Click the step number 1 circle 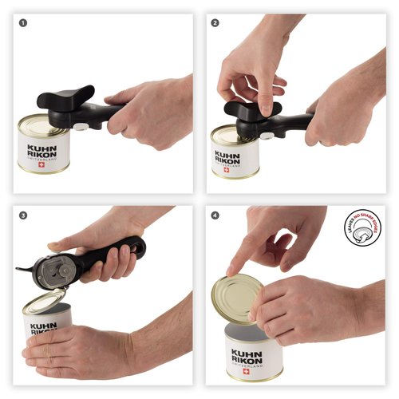[23, 22]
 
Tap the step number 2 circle [215, 22]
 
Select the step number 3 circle [23, 215]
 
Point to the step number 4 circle [215, 215]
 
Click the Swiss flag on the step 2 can [226, 169]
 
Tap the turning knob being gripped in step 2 [254, 110]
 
